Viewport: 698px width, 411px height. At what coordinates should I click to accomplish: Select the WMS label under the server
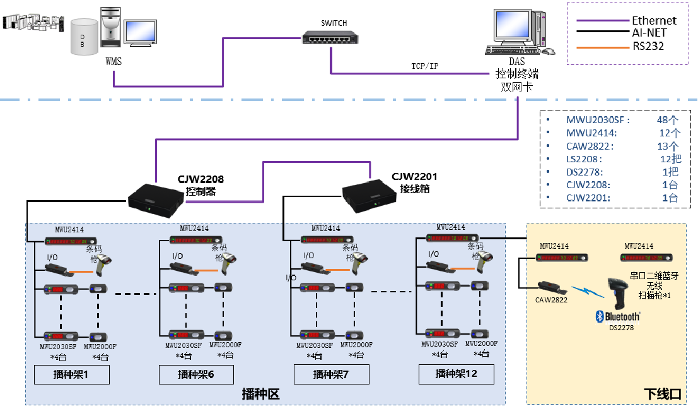pos(114,61)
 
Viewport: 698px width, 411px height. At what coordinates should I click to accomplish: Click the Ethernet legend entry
pos(654,21)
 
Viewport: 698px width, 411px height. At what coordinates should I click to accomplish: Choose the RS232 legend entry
pos(648,45)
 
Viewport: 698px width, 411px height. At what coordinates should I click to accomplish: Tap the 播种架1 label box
pos(72,374)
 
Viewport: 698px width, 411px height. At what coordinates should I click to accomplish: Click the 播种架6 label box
pos(196,374)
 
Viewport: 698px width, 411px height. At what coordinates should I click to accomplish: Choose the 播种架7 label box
pos(331,374)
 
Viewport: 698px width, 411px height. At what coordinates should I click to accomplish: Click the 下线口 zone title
pos(662,394)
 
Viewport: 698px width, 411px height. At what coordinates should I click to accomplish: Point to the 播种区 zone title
pos(260,395)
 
